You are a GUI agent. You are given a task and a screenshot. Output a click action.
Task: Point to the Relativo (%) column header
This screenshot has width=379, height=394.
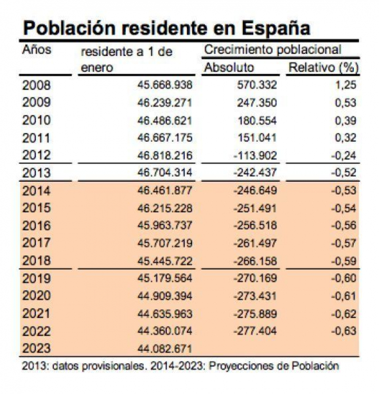[323, 67]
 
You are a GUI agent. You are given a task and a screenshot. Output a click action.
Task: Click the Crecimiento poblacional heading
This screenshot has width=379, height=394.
[272, 50]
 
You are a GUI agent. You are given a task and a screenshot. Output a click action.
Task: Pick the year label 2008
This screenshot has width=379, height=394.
[36, 85]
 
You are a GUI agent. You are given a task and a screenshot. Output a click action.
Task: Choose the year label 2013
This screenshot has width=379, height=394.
[36, 173]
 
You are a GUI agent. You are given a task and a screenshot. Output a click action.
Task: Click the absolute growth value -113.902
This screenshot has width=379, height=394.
[255, 155]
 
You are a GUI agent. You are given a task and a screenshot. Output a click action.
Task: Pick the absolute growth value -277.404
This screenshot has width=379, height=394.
[255, 331]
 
